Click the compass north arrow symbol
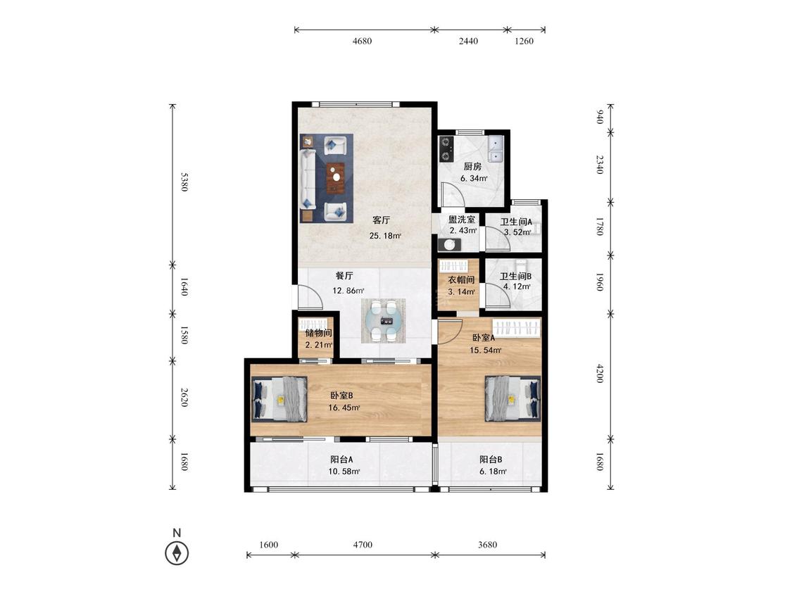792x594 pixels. [x=177, y=552]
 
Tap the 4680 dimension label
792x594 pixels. [x=362, y=41]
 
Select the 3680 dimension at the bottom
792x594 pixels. [x=487, y=545]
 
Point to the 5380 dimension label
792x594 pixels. [x=184, y=182]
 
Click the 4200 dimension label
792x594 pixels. [x=600, y=373]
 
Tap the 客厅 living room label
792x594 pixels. [x=382, y=220]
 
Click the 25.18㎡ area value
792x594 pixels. [x=385, y=235]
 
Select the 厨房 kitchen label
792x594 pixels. [x=473, y=166]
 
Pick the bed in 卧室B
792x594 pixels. [x=279, y=399]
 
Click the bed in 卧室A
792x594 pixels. [x=513, y=398]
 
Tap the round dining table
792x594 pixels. [x=384, y=321]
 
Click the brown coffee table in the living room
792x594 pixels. [x=336, y=178]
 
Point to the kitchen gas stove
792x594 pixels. [x=446, y=148]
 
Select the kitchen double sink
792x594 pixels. [x=496, y=148]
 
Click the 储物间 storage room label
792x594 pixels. [x=319, y=333]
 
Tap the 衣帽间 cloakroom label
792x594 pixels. [x=461, y=279]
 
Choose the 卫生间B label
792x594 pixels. [x=516, y=277]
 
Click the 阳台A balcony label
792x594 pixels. [x=342, y=460]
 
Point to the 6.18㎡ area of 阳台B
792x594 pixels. [x=493, y=472]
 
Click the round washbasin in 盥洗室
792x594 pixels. [x=450, y=245]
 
